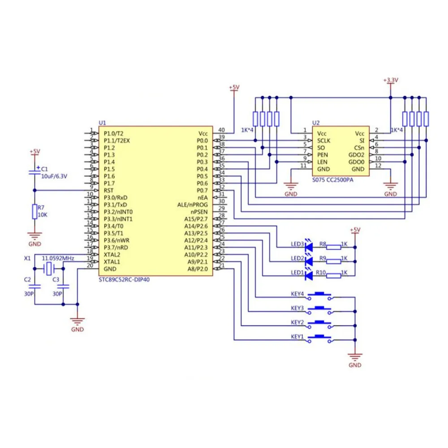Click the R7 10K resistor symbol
point(34,212)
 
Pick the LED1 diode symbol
point(308,276)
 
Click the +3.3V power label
point(391,80)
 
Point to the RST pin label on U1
point(109,190)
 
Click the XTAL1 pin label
point(112,262)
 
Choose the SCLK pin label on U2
point(325,141)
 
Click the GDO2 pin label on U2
point(356,155)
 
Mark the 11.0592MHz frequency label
point(58,259)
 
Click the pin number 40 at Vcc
point(221,130)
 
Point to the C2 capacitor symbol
point(34,286)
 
